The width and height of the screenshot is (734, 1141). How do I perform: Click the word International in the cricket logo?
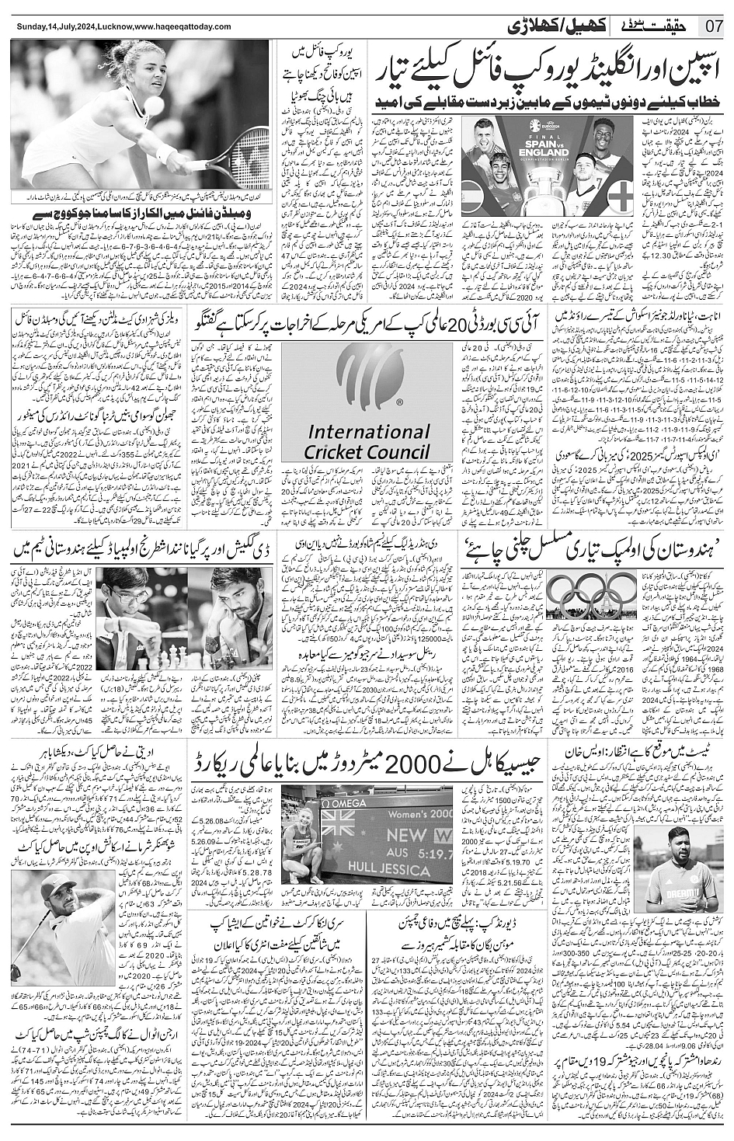(368, 433)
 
